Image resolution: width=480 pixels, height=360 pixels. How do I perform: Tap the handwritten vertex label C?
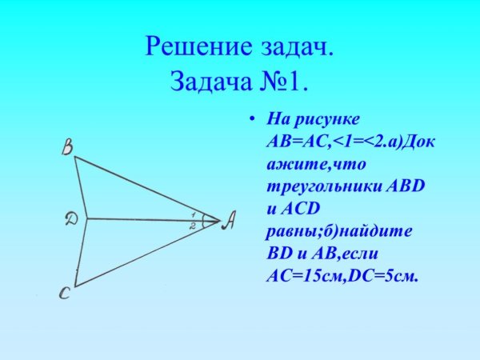66,294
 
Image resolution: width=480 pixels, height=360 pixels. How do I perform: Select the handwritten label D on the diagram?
71,218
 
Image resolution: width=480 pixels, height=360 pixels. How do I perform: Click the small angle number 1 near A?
194,214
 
